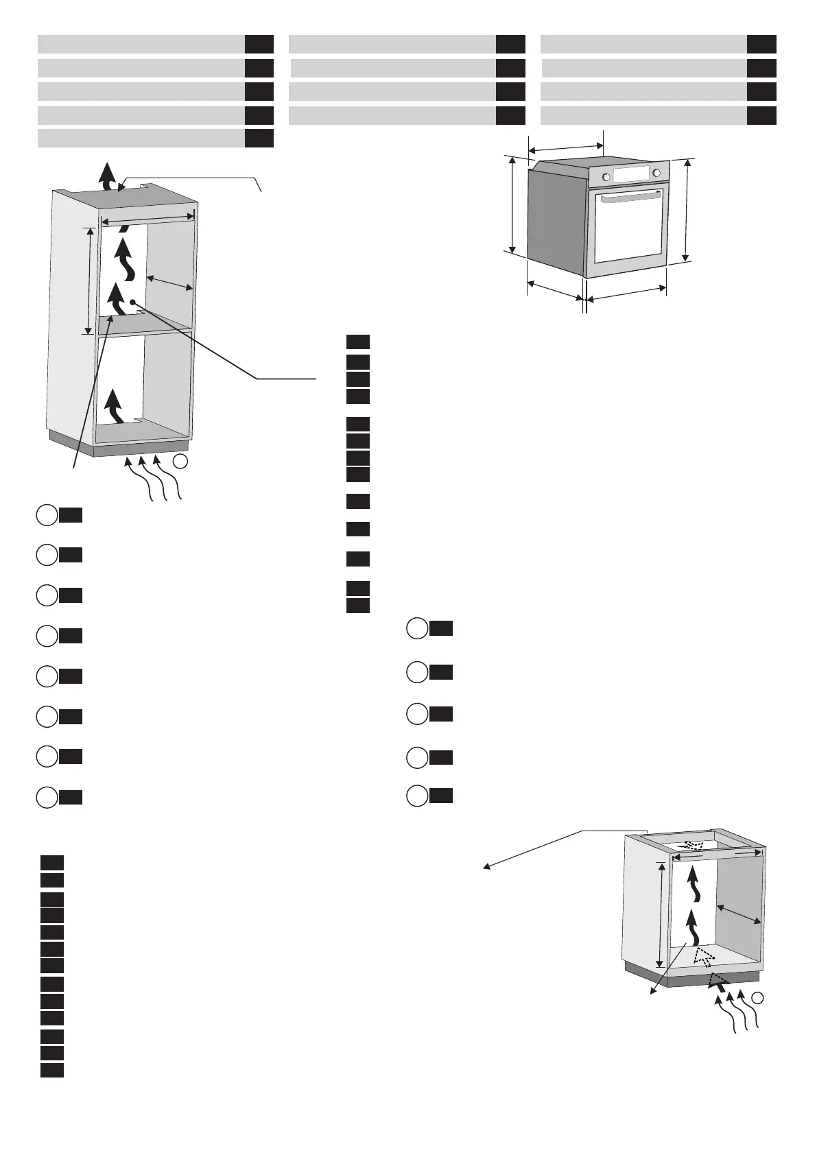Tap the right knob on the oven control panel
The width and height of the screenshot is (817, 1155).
(657, 172)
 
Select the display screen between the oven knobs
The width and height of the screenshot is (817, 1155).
(632, 175)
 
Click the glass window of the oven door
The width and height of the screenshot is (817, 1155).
(629, 230)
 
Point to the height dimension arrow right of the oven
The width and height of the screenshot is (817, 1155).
(687, 210)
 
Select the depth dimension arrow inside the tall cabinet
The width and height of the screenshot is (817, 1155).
(170, 283)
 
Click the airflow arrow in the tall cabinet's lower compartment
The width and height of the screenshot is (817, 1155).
(114, 405)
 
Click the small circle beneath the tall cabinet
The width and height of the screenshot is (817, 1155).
(180, 461)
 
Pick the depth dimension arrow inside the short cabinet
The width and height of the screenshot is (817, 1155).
(739, 914)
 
